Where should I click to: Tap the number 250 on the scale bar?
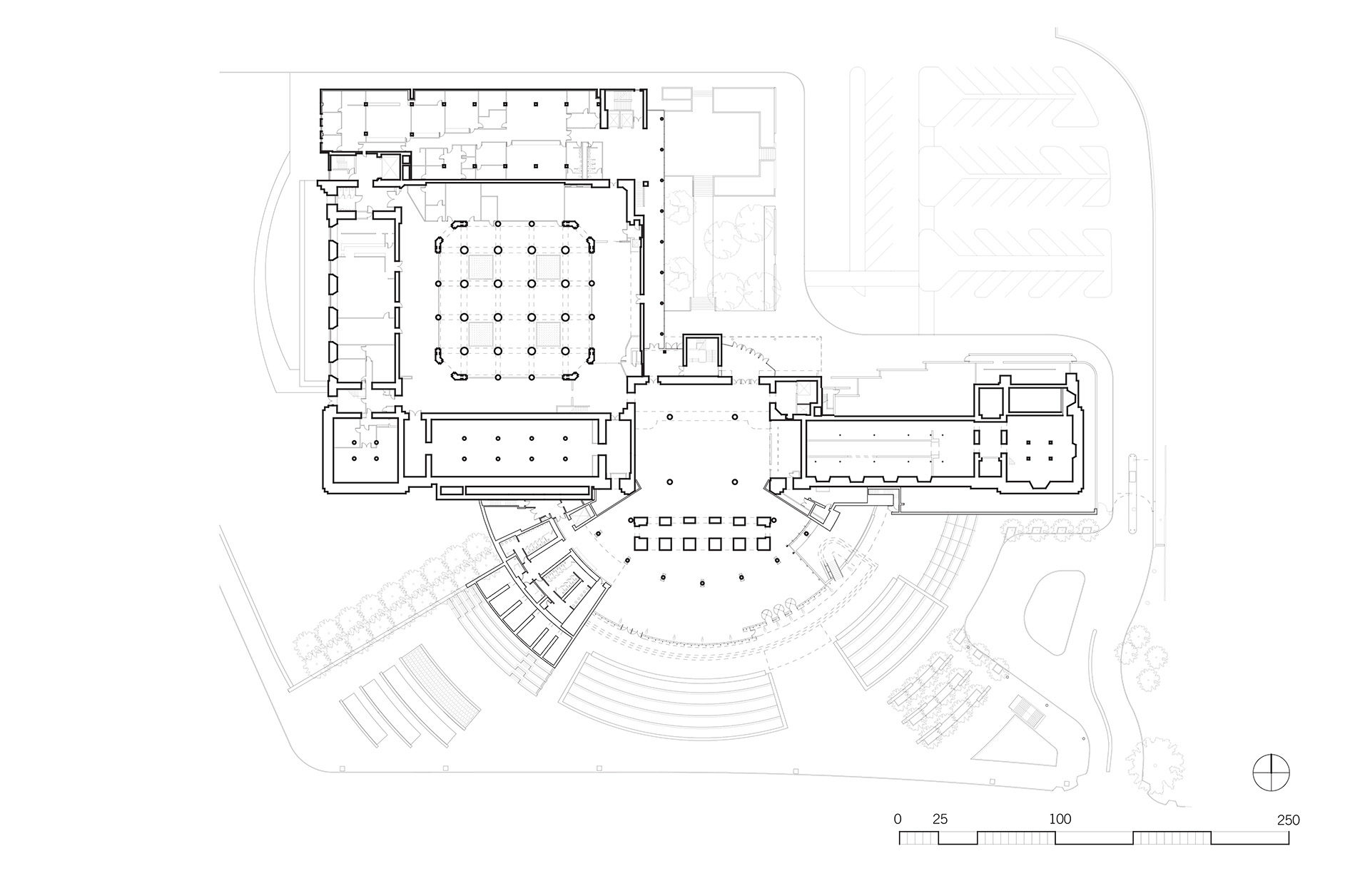point(1289,820)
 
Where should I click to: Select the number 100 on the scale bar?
point(1060,819)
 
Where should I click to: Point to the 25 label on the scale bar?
point(940,820)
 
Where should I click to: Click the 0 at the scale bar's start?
point(898,820)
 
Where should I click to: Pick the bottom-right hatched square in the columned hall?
point(548,333)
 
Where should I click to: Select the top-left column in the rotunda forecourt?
point(670,417)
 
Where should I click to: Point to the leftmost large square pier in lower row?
point(640,544)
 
